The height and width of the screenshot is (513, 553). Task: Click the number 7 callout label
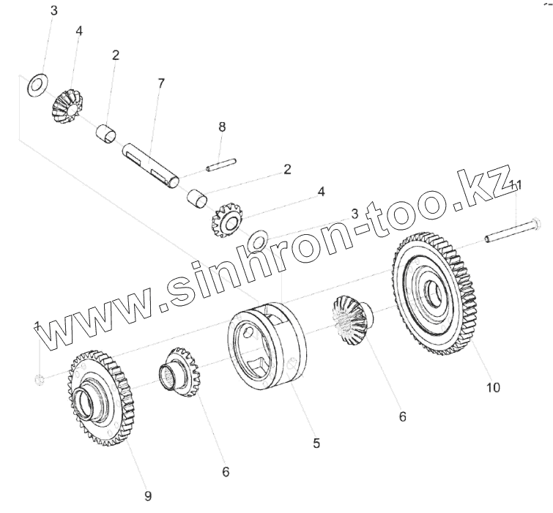tap(161, 82)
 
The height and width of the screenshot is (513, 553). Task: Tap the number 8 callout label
tap(222, 127)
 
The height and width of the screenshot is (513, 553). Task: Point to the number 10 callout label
tap(493, 387)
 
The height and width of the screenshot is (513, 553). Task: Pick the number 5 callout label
tap(316, 443)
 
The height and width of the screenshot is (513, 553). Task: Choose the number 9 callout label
tap(148, 495)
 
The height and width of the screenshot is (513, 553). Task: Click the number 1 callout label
tap(37, 324)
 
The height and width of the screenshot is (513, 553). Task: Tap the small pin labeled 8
tap(222, 165)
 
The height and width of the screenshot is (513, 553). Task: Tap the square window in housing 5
tap(261, 364)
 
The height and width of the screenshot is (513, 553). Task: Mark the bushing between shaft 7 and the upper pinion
tap(108, 133)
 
